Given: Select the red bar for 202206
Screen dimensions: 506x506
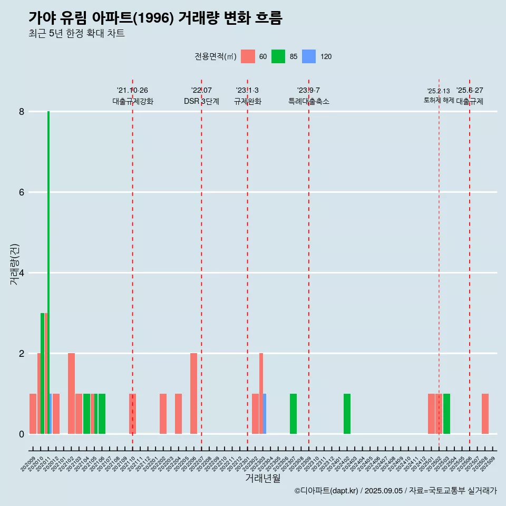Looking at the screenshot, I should pyautogui.click(x=193, y=393).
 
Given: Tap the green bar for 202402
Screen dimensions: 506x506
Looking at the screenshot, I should pyautogui.click(x=347, y=414).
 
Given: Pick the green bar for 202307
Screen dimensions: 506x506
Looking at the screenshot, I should pyautogui.click(x=293, y=414).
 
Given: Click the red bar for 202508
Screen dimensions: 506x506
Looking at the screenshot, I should pyautogui.click(x=485, y=414).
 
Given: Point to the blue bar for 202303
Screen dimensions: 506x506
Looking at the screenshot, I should pyautogui.click(x=265, y=414).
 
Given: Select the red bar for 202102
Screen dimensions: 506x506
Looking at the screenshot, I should pyautogui.click(x=71, y=393).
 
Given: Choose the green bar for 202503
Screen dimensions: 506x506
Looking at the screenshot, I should pyautogui.click(x=446, y=414).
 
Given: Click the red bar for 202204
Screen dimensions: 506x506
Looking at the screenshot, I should pyautogui.click(x=178, y=414).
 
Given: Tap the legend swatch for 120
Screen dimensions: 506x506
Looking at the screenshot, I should pyautogui.click(x=309, y=56).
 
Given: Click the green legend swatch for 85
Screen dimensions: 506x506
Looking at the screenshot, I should pyautogui.click(x=278, y=56).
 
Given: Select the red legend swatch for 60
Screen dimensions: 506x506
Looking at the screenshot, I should pyautogui.click(x=248, y=56).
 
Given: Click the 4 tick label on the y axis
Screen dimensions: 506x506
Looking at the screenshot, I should pyautogui.click(x=22, y=273).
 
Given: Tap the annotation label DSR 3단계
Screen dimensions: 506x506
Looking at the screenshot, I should pyautogui.click(x=201, y=101).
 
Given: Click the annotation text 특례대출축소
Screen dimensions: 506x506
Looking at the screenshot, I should pyautogui.click(x=309, y=101).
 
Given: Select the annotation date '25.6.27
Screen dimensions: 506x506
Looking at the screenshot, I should pyautogui.click(x=470, y=91).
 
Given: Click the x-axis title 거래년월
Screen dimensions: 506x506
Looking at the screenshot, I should pyautogui.click(x=262, y=478).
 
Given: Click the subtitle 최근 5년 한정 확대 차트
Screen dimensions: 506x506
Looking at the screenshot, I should pyautogui.click(x=76, y=34).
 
